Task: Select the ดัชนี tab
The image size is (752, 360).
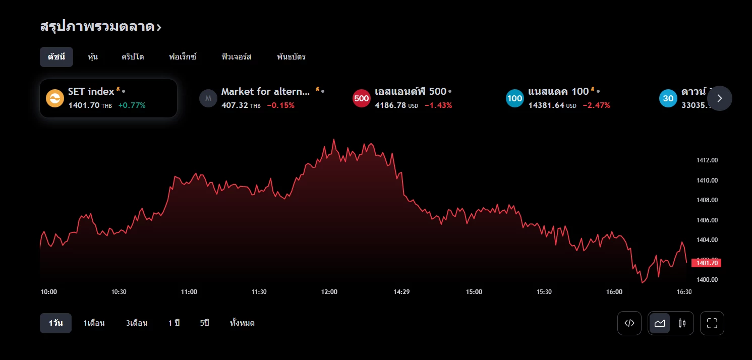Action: (x=56, y=57)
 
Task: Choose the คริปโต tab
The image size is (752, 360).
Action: (x=133, y=57)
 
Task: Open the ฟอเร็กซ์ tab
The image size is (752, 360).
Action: (x=183, y=57)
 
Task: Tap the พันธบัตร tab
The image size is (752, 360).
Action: (x=291, y=57)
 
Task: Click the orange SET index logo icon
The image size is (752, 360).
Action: (x=54, y=98)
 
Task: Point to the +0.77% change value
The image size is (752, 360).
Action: (x=132, y=105)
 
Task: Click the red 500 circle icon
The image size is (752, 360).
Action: (x=361, y=98)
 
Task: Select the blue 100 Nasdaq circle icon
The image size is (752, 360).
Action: (x=514, y=98)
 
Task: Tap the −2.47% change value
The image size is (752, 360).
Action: (x=596, y=105)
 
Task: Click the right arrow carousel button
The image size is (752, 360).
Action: (x=719, y=98)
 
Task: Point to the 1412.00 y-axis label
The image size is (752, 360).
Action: (x=707, y=160)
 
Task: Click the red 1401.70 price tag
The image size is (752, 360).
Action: (x=707, y=263)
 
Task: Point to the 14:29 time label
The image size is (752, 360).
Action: (x=401, y=292)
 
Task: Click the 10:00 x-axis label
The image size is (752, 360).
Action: (x=48, y=292)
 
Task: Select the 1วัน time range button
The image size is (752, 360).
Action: (x=55, y=323)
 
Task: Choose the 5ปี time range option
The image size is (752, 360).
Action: (x=204, y=323)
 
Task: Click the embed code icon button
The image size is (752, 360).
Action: (x=629, y=323)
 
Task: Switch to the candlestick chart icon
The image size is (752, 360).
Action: (x=682, y=323)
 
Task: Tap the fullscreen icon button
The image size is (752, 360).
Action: (x=712, y=323)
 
